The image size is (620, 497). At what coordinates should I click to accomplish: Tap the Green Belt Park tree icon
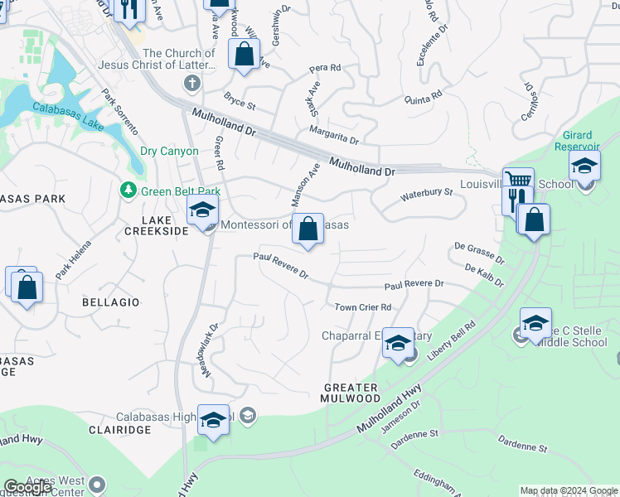pos(128,191)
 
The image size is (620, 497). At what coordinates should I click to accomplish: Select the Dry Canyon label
pos(169,152)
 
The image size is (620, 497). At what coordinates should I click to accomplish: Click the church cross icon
pos(192,83)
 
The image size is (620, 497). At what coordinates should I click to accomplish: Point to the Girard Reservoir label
pos(571,141)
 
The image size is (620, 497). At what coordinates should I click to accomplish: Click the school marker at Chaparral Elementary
pos(398,343)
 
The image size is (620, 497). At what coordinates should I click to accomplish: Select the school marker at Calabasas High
pos(213,421)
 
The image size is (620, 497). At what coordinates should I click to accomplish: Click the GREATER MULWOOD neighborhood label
pos(351,393)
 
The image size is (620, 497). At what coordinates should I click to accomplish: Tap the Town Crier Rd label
pos(362,307)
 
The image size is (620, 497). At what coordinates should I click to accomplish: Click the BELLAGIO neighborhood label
pos(111,302)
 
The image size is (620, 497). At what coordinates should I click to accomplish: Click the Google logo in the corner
pos(27,488)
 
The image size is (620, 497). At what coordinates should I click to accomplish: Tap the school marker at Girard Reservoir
pos(584,167)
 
